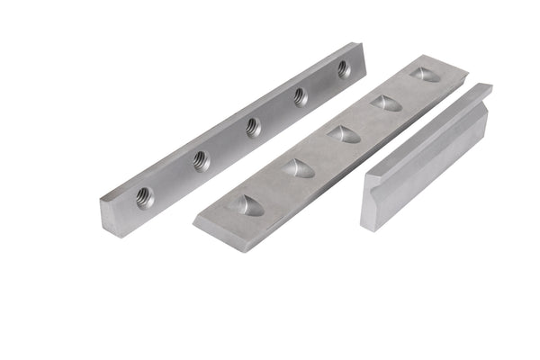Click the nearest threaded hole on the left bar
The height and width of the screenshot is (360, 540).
144,196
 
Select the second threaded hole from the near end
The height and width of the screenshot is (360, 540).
200,160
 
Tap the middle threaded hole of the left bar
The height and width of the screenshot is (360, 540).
253,127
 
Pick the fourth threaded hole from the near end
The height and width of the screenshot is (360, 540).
301,96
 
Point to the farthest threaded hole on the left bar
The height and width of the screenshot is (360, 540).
343,68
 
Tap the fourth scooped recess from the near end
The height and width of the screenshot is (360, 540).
386,103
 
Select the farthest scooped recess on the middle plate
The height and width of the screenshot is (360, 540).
425,75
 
